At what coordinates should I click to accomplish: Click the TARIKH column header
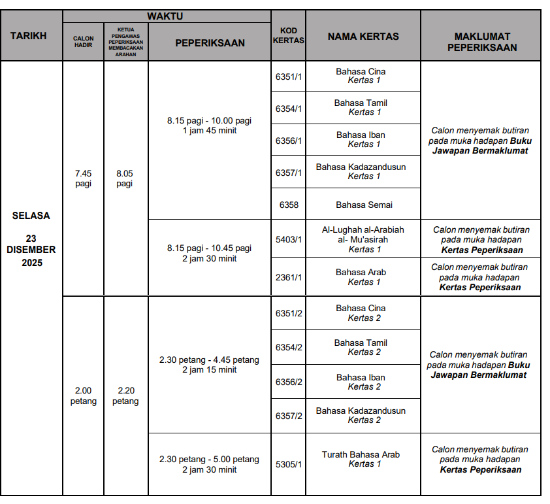point(29,36)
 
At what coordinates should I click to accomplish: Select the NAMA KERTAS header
point(363,37)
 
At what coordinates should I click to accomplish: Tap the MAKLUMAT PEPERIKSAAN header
point(482,42)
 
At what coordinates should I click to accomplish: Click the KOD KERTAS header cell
point(288,36)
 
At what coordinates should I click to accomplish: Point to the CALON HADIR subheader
point(83,42)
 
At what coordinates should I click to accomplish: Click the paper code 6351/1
point(289,76)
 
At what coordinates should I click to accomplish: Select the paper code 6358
point(289,205)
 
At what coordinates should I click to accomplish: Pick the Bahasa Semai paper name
point(364,205)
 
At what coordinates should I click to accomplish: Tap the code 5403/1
point(289,240)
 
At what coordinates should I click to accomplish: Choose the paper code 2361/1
point(289,277)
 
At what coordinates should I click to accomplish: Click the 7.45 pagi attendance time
point(84,178)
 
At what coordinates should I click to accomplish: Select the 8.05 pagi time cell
point(125,178)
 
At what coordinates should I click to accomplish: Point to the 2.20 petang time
point(125,395)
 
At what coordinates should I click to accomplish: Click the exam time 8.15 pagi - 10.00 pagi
point(209,125)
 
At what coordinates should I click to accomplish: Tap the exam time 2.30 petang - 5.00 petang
point(209,464)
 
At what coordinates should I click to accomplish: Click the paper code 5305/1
point(289,464)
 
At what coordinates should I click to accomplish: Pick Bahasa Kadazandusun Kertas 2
point(361,415)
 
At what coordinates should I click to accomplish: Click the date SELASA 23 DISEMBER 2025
point(31,239)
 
